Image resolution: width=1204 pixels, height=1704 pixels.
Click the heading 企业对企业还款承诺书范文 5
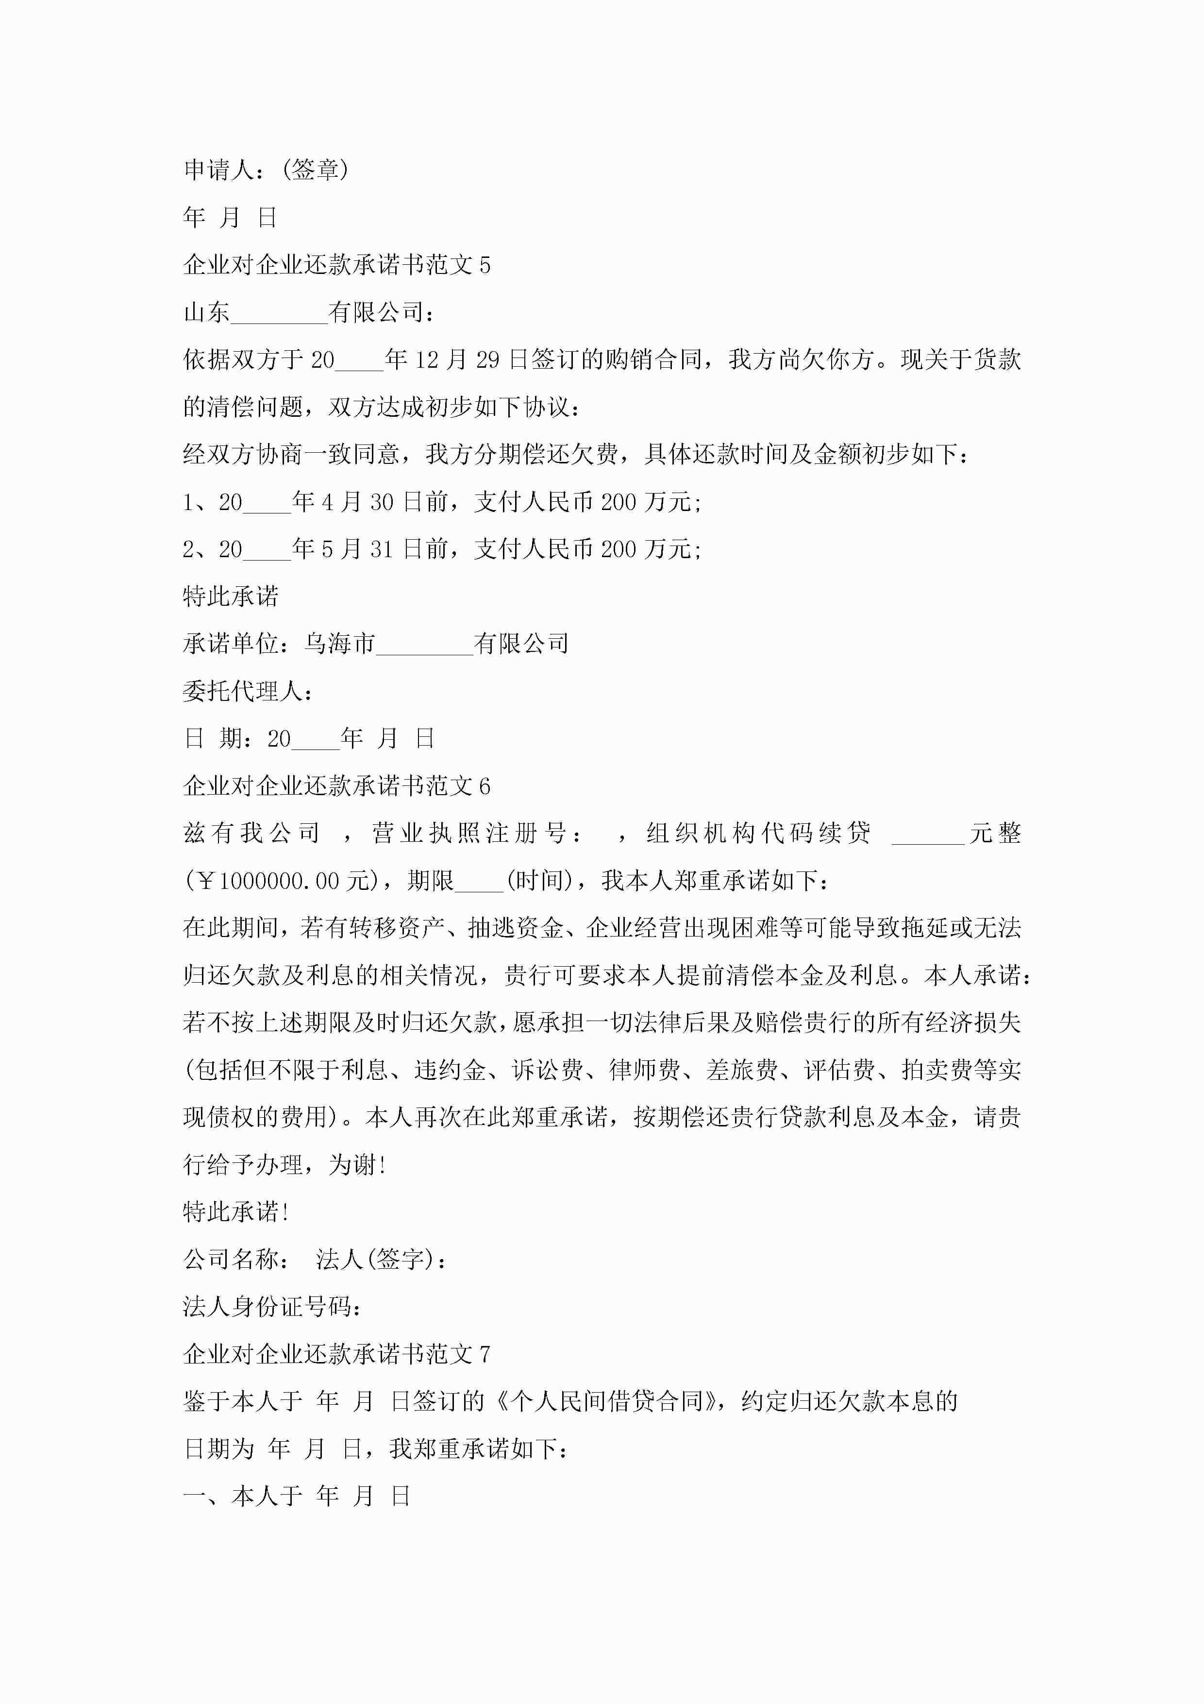pyautogui.click(x=336, y=265)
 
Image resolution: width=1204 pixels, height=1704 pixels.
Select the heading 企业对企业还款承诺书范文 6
pyautogui.click(x=336, y=786)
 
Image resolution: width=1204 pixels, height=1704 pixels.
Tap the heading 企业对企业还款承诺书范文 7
pyautogui.click(x=336, y=1354)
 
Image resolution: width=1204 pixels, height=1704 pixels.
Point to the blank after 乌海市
pyautogui.click(x=424, y=646)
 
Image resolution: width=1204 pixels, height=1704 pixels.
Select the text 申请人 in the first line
pyautogui.click(x=219, y=170)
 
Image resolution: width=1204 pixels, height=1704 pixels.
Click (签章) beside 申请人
pyautogui.click(x=315, y=170)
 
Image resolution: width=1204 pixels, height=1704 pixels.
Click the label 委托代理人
pyautogui.click(x=243, y=692)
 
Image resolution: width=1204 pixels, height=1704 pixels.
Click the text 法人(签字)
pyautogui.click(x=378, y=1260)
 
